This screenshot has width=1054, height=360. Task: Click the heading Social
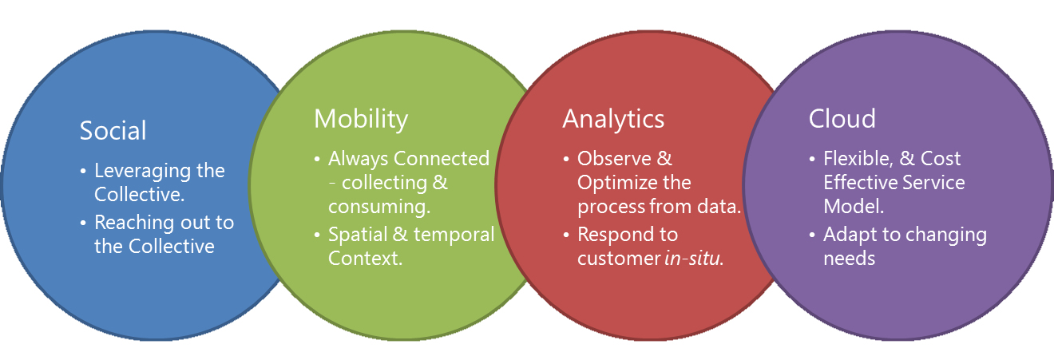click(113, 132)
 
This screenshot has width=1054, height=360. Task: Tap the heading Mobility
click(360, 119)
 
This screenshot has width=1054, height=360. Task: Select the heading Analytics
click(612, 119)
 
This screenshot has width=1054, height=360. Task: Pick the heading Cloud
click(842, 119)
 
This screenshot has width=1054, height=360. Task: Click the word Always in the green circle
click(358, 159)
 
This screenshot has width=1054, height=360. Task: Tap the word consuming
click(379, 208)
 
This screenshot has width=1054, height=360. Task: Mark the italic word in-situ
click(693, 259)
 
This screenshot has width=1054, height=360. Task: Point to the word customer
click(619, 259)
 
